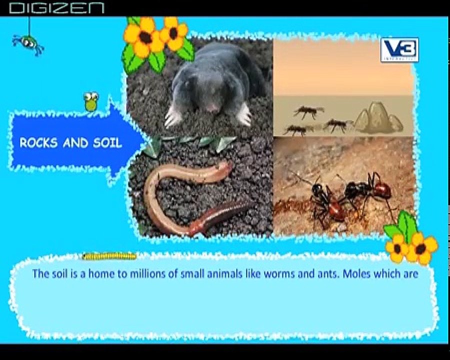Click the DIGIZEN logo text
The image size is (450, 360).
(56, 8)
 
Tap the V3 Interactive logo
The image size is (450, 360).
(399, 50)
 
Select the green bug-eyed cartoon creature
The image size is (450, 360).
(91, 101)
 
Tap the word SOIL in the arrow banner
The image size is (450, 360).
(107, 143)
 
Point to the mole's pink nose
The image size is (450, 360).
(212, 106)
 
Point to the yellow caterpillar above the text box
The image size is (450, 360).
(109, 256)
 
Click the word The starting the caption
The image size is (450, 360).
(40, 274)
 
